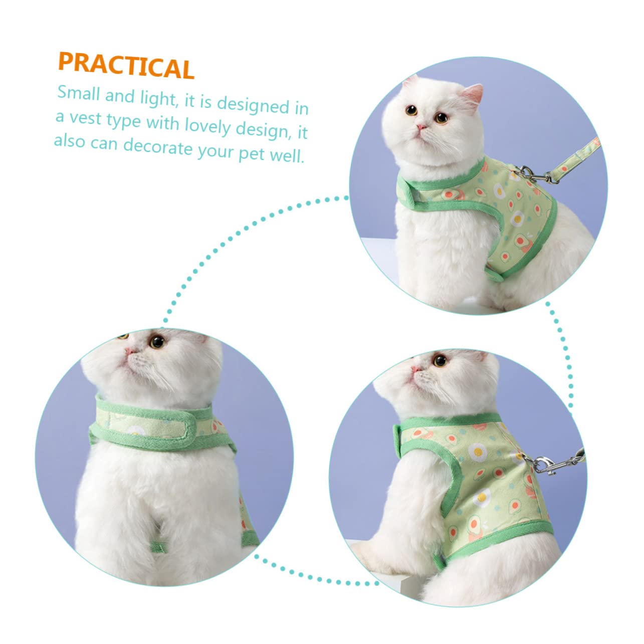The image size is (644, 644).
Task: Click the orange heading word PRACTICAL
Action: (x=126, y=66)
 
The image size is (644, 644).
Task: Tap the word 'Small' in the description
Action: (x=79, y=93)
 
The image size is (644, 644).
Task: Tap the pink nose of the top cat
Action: (x=421, y=127)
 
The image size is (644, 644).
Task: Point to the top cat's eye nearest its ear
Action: (x=441, y=117)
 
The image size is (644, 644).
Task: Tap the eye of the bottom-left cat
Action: (x=157, y=342)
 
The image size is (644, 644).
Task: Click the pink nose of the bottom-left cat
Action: (x=129, y=351)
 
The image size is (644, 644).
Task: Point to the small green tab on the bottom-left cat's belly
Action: (x=158, y=547)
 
